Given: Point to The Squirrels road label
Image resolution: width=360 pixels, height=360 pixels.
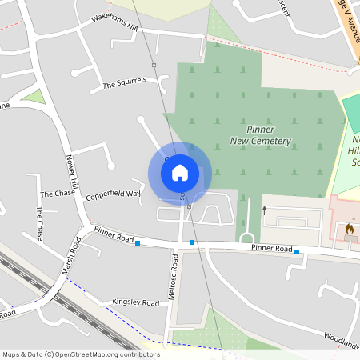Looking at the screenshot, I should point(125,85).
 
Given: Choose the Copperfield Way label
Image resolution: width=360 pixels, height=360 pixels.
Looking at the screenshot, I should point(114,194).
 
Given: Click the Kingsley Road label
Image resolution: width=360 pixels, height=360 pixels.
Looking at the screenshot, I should point(135,303).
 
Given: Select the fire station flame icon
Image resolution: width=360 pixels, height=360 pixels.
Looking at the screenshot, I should point(349,229).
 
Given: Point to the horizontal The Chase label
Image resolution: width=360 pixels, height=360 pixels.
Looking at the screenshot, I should point(57,194).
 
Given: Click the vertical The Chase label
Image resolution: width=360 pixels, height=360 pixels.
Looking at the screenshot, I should point(39,223).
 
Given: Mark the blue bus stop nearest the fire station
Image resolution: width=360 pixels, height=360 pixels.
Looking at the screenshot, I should point(297,252).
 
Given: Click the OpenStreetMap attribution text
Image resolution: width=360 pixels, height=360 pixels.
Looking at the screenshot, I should point(81,354).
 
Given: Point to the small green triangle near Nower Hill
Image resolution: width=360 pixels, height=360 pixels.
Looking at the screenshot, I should point(33,97).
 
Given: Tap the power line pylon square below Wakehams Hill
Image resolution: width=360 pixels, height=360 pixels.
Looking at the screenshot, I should point(153,64).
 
